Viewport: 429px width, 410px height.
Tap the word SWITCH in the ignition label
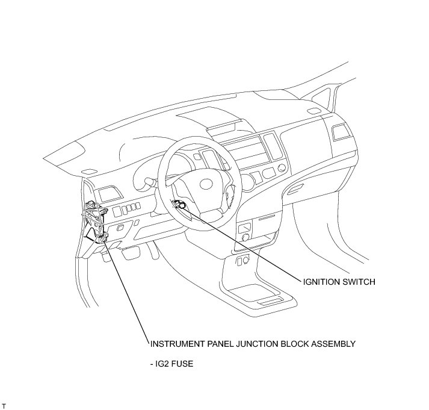358,281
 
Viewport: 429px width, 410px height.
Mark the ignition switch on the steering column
179,205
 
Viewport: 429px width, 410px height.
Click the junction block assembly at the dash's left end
96,223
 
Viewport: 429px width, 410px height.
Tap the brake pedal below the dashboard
129,253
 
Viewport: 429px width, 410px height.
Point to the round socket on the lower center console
245,238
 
